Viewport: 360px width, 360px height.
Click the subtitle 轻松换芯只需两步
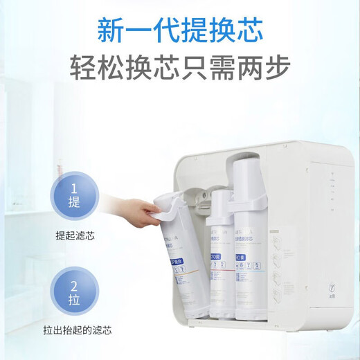179,67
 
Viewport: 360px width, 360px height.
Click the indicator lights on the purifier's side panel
334,189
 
